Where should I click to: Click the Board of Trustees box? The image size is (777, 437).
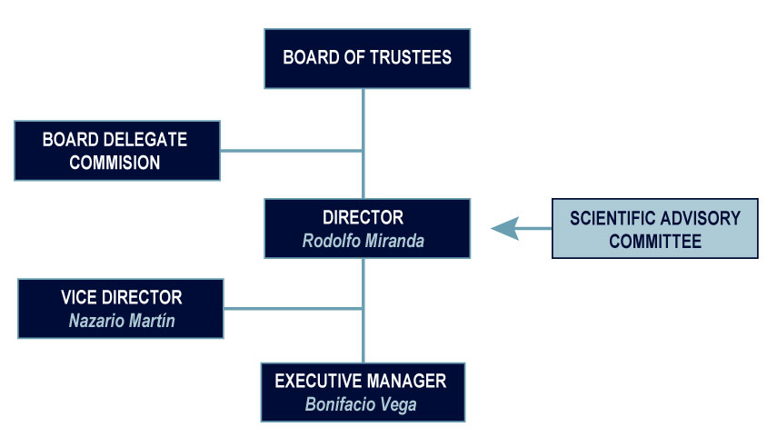click(367, 58)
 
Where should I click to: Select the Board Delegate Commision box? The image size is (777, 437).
click(117, 151)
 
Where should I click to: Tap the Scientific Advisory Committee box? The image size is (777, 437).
click(654, 230)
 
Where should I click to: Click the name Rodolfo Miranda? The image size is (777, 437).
click(363, 242)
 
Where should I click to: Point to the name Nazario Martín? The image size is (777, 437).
click(120, 321)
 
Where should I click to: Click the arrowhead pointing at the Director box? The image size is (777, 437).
click(506, 229)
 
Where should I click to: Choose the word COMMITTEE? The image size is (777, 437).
click(654, 242)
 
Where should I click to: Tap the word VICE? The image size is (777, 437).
click(79, 298)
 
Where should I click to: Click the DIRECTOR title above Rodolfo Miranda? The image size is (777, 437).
click(363, 218)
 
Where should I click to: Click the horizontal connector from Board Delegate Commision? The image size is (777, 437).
click(291, 151)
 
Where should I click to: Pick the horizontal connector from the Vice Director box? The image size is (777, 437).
click(293, 309)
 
